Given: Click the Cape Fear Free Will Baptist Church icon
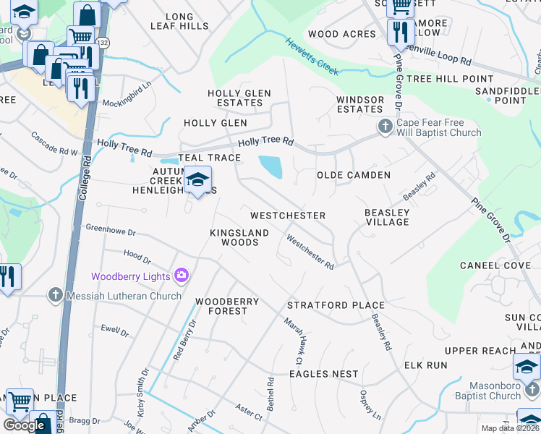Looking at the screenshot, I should (385, 127).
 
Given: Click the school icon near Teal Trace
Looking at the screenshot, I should (197, 180).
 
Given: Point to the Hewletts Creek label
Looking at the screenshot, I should (313, 54).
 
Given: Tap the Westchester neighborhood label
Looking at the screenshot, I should (287, 216).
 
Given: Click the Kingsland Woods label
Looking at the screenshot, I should (239, 237).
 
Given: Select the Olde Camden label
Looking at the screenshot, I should (354, 175).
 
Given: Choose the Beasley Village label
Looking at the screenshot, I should (387, 217).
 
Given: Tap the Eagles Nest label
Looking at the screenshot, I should (323, 374).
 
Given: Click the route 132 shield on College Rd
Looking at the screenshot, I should (104, 44).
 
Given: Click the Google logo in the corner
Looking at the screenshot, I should (24, 425).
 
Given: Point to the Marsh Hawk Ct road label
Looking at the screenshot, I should (292, 341).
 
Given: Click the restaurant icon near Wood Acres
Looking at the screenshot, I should (399, 32).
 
